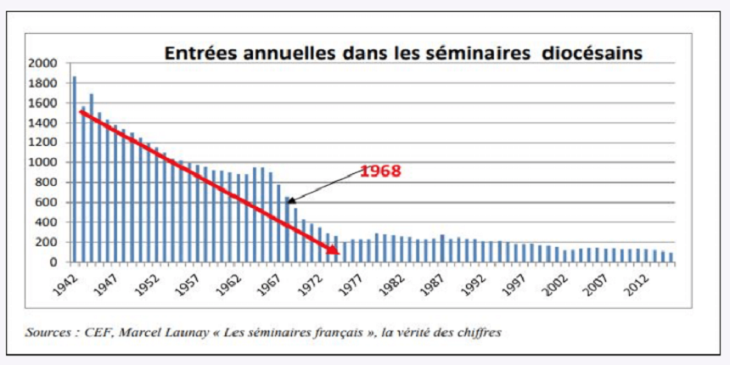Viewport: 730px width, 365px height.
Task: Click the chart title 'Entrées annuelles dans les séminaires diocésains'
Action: tap(402, 53)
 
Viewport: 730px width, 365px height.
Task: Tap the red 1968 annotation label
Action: tap(380, 171)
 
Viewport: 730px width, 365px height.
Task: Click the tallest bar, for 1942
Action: tap(74, 169)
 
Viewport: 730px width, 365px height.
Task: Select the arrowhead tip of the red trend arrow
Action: tap(337, 252)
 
